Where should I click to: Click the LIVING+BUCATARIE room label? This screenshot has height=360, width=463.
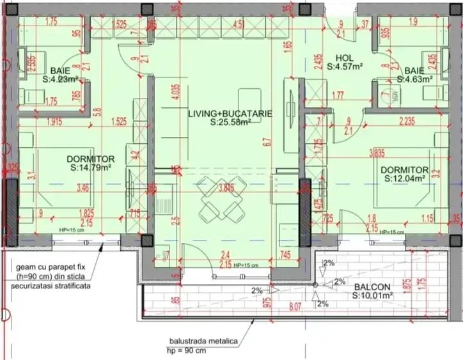230,113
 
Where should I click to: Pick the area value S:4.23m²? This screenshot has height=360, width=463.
61,80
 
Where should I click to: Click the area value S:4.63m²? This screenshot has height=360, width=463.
414,79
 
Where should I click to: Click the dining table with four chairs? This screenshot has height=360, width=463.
219,199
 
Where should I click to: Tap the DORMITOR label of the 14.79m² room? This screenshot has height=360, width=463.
91,159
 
